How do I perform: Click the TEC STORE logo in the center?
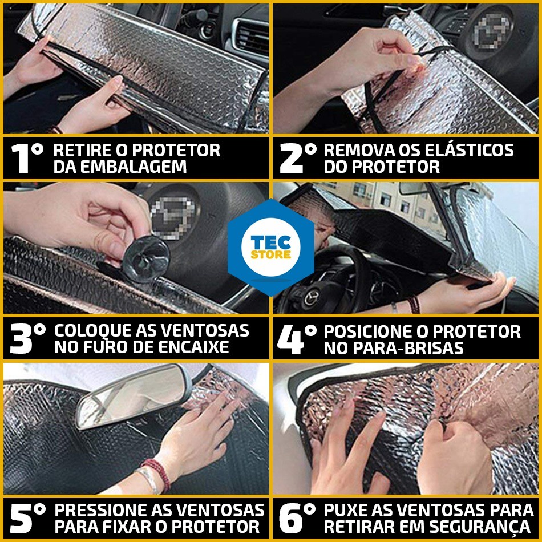point(270,247)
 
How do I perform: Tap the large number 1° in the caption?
point(27,158)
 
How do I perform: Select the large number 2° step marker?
point(298,158)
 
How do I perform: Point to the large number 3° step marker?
point(27,338)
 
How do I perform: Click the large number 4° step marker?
point(297,339)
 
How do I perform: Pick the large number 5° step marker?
point(27,518)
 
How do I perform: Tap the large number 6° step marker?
point(297,518)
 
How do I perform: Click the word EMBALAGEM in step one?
point(120,167)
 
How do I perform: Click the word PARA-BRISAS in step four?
point(393,348)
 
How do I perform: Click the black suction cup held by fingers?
point(145,259)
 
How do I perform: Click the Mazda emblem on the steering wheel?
point(312,297)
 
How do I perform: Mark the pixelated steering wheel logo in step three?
point(173,218)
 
